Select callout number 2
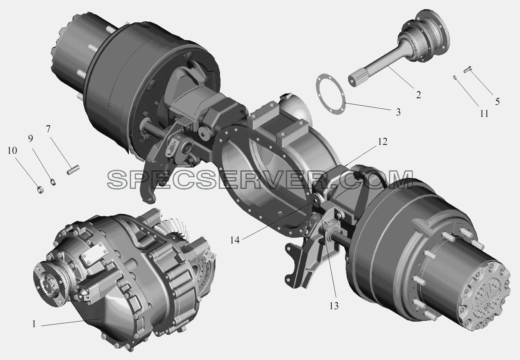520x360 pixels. pos(418,95)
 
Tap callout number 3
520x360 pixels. pos(398,112)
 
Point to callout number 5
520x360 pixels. pos(497,102)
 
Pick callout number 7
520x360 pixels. pos(48,129)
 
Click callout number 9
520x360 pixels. pos(30,139)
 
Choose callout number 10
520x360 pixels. pos(12,150)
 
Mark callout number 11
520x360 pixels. pos(484,114)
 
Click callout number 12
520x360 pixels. pos(383,142)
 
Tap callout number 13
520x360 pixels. pos(334,306)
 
